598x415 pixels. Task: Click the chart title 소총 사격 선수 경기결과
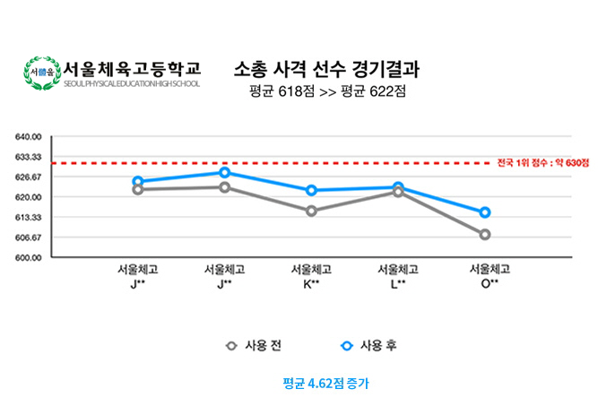(x=326, y=69)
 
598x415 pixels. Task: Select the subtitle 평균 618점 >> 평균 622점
(x=326, y=91)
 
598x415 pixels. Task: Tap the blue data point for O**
(x=485, y=212)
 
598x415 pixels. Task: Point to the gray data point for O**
(x=485, y=235)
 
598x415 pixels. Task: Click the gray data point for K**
(x=311, y=212)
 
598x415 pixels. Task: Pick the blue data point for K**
(x=311, y=191)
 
